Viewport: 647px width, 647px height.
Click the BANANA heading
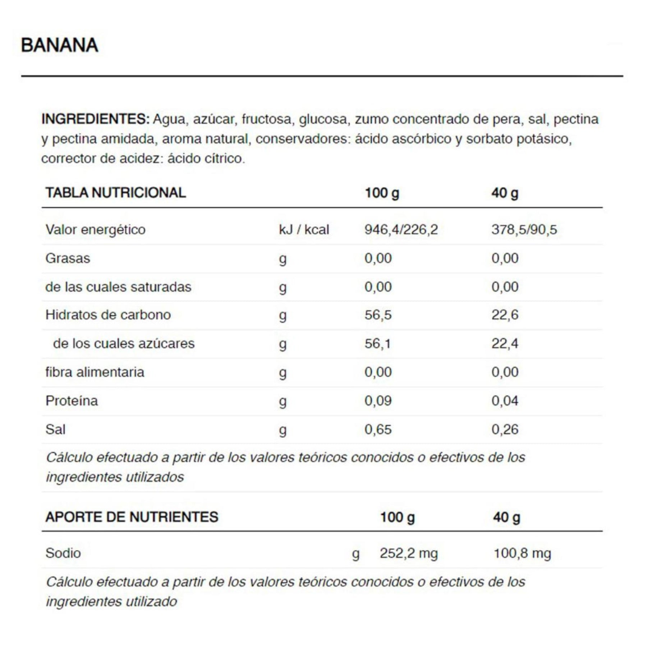pyautogui.click(x=60, y=45)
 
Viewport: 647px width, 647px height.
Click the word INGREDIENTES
pyautogui.click(x=95, y=119)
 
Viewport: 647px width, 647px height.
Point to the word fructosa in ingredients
pyautogui.click(x=266, y=119)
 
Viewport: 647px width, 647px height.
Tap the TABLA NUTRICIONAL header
pyautogui.click(x=115, y=193)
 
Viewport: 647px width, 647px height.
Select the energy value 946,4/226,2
pyautogui.click(x=401, y=229)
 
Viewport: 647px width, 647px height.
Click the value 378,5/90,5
pyautogui.click(x=524, y=229)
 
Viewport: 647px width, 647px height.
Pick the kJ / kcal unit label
pyautogui.click(x=304, y=229)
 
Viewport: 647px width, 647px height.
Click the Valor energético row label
pyautogui.click(x=95, y=229)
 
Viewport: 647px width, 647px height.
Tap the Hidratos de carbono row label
pyautogui.click(x=108, y=315)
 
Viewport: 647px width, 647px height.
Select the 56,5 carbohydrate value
pyautogui.click(x=378, y=315)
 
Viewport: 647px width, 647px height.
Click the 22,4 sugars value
pyautogui.click(x=505, y=344)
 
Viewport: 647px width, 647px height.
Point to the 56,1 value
pyautogui.click(x=377, y=344)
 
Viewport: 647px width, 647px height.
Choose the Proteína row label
pyautogui.click(x=72, y=401)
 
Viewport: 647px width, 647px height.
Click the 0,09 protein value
pyautogui.click(x=378, y=401)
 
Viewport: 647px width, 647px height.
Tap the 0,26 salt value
pyautogui.click(x=505, y=430)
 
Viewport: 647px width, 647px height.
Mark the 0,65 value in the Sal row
pyautogui.click(x=378, y=430)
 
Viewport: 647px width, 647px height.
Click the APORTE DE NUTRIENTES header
pyautogui.click(x=132, y=517)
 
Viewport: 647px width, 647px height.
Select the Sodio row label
pyautogui.click(x=63, y=553)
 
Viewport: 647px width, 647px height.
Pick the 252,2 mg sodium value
pyautogui.click(x=409, y=553)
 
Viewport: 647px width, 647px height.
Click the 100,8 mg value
pyautogui.click(x=522, y=553)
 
